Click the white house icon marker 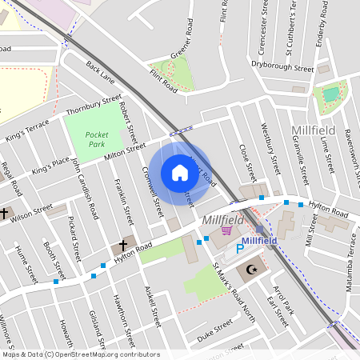coord(179,173)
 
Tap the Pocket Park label coord(96,140)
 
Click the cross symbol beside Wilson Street coord(5,214)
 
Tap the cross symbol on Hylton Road coord(123,244)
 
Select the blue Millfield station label coord(259,240)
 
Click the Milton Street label coord(126,151)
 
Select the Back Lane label coord(101,74)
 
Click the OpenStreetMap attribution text coord(80,354)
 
